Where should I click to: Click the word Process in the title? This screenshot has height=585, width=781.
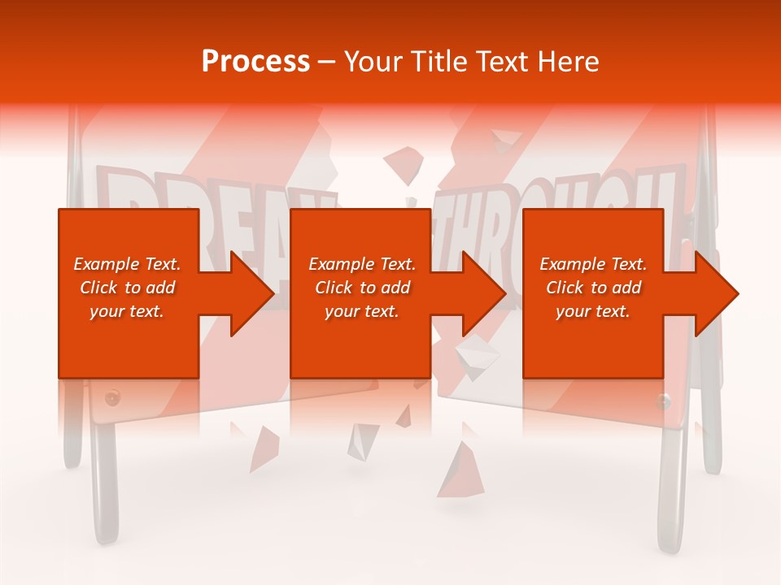click(x=255, y=62)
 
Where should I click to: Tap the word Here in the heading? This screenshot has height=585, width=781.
click(x=569, y=62)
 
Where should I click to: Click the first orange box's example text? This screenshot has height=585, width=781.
click(x=128, y=288)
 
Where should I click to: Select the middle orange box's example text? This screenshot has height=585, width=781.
click(x=362, y=288)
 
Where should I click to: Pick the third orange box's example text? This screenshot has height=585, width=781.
click(x=593, y=288)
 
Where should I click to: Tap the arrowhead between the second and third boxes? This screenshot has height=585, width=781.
click(x=483, y=293)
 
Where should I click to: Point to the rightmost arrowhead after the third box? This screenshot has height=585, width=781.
click(x=716, y=293)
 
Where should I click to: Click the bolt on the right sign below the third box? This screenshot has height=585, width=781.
click(x=664, y=399)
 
